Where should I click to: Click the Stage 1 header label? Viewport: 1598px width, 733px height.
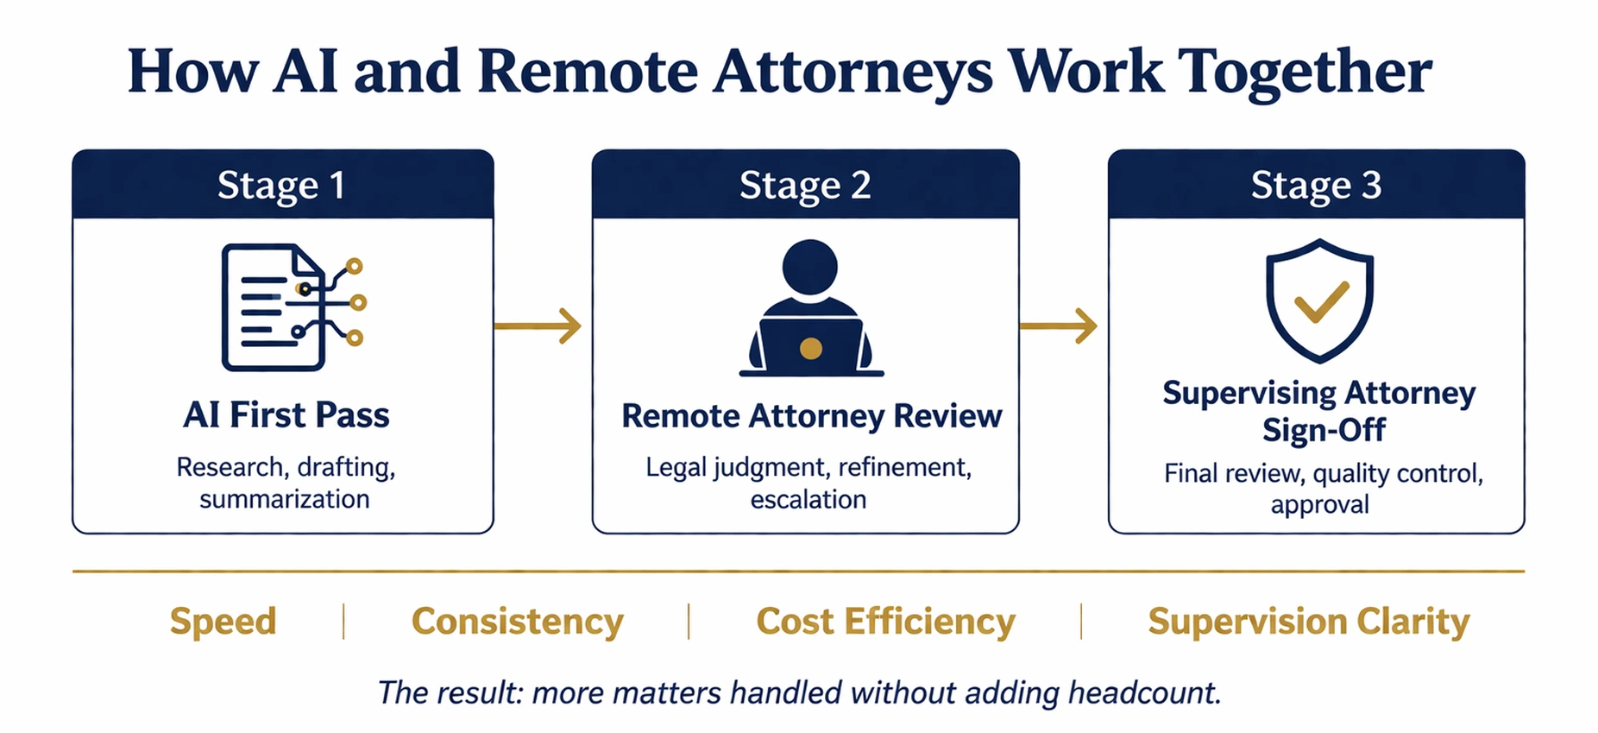coord(281,186)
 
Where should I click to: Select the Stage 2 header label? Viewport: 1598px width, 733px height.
coord(804,186)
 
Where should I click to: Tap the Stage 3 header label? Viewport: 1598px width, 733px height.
coord(1316,186)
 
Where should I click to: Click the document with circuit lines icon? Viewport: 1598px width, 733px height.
coord(292,306)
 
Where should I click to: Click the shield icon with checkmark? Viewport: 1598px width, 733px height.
coord(1319,300)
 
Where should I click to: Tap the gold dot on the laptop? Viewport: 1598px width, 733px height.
coord(810,349)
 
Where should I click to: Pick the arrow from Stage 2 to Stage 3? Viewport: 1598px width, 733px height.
coord(1059,326)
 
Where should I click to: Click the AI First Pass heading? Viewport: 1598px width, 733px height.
coord(286,415)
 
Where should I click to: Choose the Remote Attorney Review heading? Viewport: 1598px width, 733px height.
coord(811,416)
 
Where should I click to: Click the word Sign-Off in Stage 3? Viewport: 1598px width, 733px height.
coord(1324,429)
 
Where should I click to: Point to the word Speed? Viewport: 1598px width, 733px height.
coord(223,622)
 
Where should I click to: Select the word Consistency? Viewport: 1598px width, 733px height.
coord(517,622)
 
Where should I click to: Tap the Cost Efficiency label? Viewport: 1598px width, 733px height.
coord(885,622)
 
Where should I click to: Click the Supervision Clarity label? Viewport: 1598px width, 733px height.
coord(1308,622)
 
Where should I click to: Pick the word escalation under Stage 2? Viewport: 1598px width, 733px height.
coord(808,500)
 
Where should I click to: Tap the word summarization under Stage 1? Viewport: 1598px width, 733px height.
coord(284,500)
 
